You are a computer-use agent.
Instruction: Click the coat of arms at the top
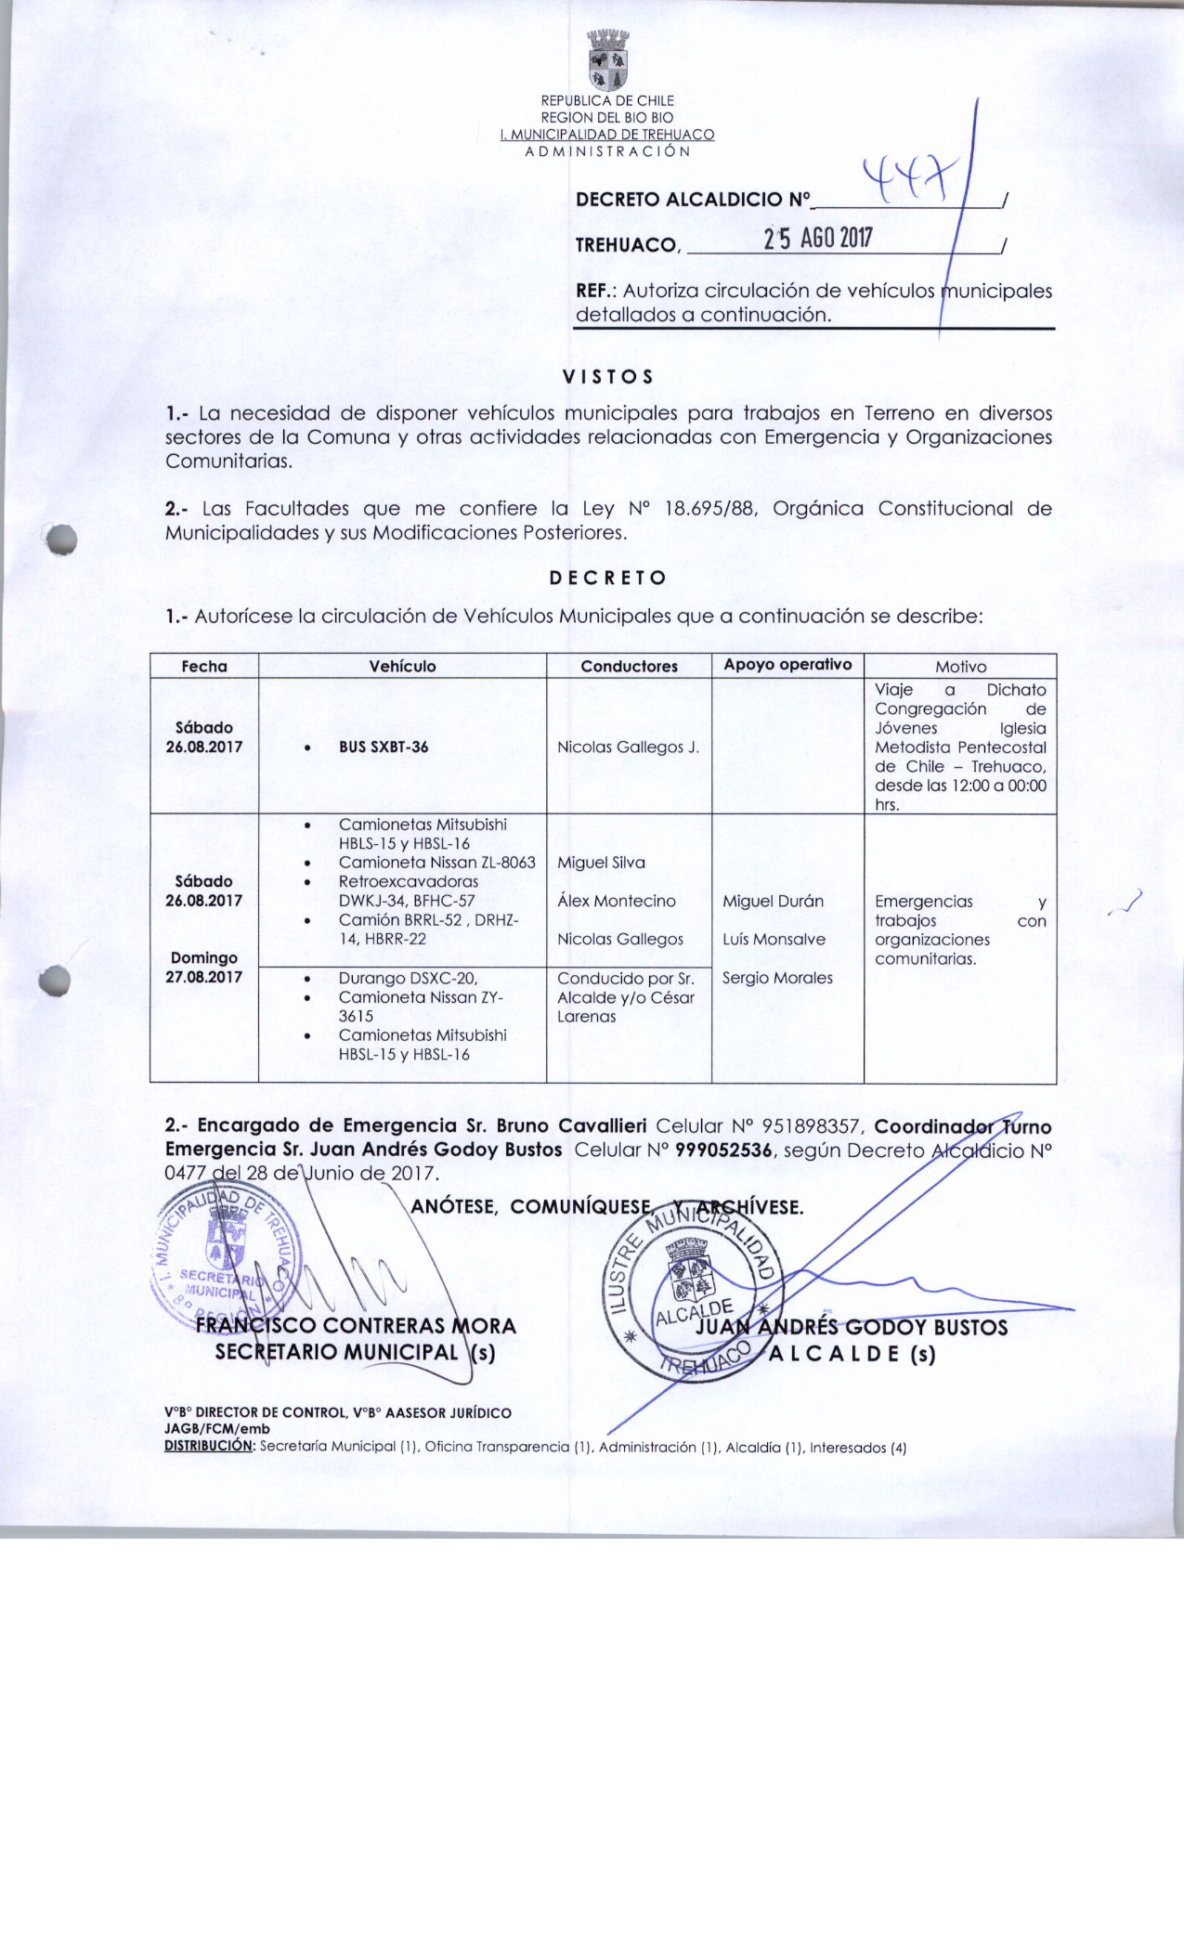click(x=608, y=58)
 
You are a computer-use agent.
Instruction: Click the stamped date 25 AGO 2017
click(x=817, y=239)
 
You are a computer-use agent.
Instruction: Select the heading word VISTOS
click(x=608, y=377)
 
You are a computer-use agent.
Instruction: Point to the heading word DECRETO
click(x=608, y=578)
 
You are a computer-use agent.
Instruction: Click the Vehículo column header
click(x=402, y=666)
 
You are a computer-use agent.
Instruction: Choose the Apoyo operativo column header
click(x=787, y=665)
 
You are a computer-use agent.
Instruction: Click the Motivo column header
click(x=960, y=667)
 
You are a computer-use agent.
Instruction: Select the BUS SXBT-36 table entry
click(x=384, y=747)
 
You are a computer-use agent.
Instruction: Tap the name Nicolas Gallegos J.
click(x=628, y=747)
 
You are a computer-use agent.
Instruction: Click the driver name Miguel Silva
click(x=601, y=863)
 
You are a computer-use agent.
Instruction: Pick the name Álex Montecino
click(x=616, y=901)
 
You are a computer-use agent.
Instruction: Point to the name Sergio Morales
click(x=777, y=978)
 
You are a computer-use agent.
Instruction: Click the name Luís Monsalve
click(x=774, y=939)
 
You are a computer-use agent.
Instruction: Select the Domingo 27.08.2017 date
click(x=204, y=968)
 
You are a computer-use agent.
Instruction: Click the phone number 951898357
click(x=811, y=1126)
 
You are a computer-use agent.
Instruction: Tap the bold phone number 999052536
click(x=723, y=1150)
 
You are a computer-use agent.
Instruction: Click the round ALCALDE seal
click(x=695, y=1290)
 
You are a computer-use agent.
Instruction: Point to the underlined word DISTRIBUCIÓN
click(x=209, y=1446)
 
